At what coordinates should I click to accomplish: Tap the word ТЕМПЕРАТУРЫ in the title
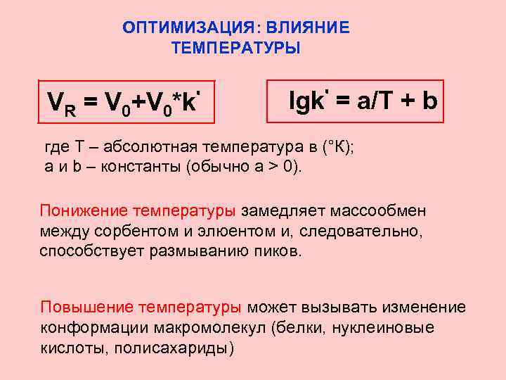click(x=235, y=49)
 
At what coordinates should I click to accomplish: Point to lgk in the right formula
click(x=306, y=102)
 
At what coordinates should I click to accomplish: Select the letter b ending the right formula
click(x=429, y=102)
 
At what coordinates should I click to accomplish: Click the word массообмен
click(x=379, y=210)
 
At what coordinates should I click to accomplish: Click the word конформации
click(x=83, y=328)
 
